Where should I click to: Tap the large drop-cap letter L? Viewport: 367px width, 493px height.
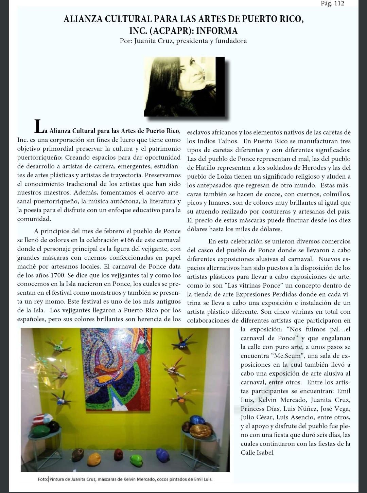(39, 126)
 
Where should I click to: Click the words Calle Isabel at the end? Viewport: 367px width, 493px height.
(257, 453)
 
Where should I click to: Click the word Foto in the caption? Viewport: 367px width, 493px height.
(43, 479)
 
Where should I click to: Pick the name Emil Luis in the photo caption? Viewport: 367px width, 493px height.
(203, 479)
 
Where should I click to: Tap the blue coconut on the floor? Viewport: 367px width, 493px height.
(163, 455)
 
